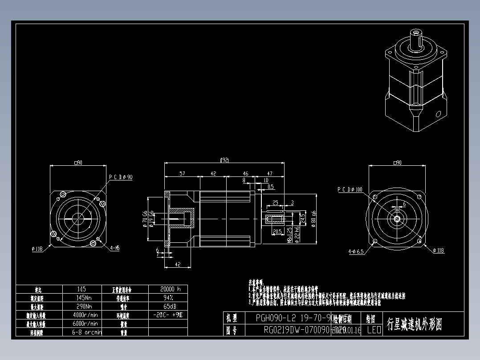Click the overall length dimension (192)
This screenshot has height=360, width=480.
(224, 160)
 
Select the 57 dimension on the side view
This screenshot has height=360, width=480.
(183, 174)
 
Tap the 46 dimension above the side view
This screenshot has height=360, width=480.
(245, 174)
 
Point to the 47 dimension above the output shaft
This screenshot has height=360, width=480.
(270, 174)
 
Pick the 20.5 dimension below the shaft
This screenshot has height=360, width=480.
(277, 232)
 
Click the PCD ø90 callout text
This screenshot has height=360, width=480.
(121, 177)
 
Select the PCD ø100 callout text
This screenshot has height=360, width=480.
(350, 190)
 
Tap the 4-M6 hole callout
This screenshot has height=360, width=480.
(115, 248)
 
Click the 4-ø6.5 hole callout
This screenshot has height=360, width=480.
(356, 251)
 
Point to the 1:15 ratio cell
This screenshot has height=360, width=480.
(81, 289)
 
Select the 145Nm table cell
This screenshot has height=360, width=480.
(81, 298)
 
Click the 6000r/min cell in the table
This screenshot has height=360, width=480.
(85, 323)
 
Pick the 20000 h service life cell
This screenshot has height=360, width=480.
(167, 289)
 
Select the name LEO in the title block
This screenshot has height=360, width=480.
(374, 330)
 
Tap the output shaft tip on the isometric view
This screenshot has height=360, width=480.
(417, 33)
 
